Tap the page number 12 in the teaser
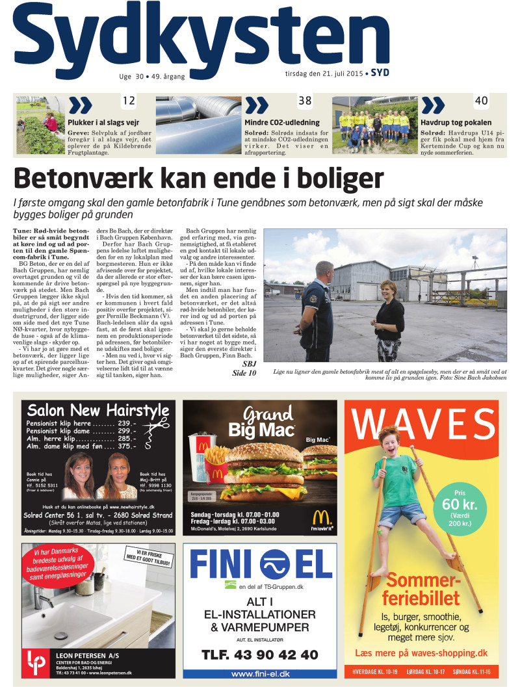pos(129,101)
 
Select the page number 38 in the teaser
pos(305,101)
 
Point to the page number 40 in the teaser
pos(481,101)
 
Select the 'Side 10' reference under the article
pos(244,373)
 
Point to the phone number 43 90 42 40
pos(260,655)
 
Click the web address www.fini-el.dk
pos(260,674)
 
